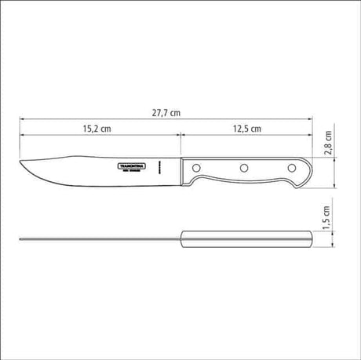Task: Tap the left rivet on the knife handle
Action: (x=196, y=167)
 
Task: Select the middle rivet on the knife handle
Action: (x=243, y=167)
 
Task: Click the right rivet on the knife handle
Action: (x=291, y=167)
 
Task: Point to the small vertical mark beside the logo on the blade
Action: (x=158, y=167)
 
